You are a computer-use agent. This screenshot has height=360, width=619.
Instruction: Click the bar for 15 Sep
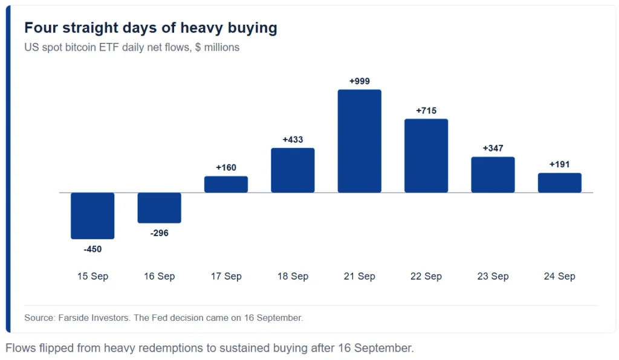pos(92,216)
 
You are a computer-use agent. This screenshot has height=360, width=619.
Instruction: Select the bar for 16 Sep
pos(159,208)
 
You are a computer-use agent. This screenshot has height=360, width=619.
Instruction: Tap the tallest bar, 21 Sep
pos(359,141)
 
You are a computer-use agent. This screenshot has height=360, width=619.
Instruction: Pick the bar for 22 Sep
pos(426,156)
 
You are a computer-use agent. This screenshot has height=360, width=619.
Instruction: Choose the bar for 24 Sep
pos(559,183)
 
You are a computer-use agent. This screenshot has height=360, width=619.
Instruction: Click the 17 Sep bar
pos(226,185)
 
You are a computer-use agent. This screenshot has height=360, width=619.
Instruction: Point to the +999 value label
pos(359,81)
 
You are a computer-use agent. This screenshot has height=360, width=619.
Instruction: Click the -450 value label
pos(92,249)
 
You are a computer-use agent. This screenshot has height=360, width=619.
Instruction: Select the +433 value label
pos(293,140)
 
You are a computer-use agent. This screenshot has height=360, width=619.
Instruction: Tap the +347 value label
pos(493,148)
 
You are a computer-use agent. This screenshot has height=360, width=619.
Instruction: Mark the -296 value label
pos(159,233)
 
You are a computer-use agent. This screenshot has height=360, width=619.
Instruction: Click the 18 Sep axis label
pos(293,276)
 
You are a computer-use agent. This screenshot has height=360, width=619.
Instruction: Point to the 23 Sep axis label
pos(493,276)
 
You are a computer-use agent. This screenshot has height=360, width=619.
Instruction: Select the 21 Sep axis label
pos(359,276)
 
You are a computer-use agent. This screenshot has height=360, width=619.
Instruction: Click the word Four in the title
pos(41,28)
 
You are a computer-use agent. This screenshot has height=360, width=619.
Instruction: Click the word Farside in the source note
pos(74,318)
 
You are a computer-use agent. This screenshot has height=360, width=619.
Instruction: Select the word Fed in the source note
pos(160,318)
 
